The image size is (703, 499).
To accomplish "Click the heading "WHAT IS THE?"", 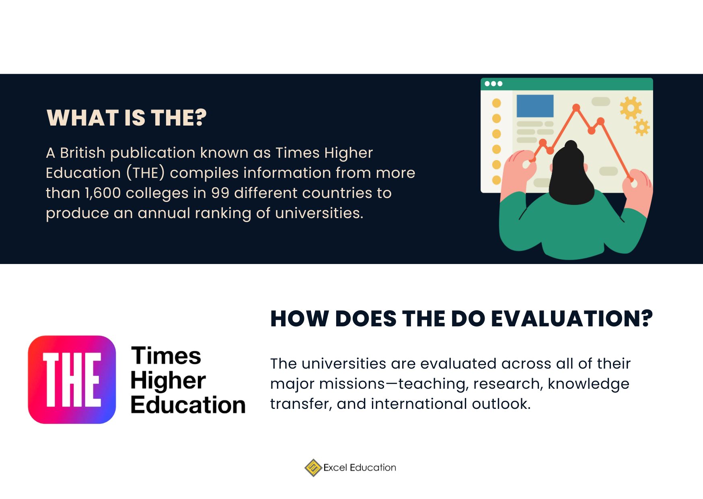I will point(126,118).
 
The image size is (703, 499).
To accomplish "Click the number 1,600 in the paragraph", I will point(103,193).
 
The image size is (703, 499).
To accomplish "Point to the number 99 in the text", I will point(220,193).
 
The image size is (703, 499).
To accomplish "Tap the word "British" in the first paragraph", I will point(82,153).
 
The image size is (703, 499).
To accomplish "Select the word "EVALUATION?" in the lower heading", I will point(571,319).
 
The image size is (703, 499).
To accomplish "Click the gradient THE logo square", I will point(72,379).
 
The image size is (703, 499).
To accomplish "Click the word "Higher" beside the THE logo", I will point(168,380).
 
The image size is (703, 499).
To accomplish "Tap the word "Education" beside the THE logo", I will point(188,405).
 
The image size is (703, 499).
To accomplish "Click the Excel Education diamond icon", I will point(313,468).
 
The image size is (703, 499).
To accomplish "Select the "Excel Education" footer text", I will point(360,468).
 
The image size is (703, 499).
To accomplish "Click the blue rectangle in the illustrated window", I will point(535,106).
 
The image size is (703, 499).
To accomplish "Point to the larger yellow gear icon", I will point(630,108).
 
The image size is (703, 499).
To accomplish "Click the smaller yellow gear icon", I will point(641,128).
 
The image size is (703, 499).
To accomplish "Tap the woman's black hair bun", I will point(571,146).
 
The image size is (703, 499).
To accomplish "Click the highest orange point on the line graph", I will point(576,107).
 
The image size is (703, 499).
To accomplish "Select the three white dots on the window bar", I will point(493,84).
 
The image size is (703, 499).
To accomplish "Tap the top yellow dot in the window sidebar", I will point(497,103).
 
